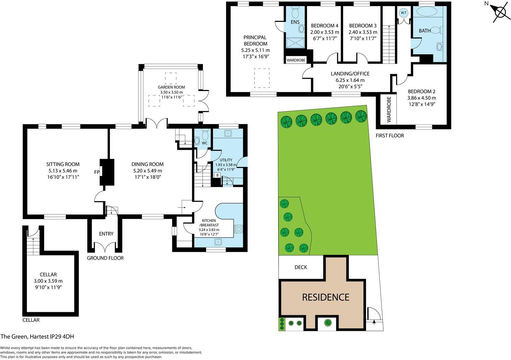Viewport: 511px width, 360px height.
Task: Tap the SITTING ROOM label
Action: click(x=63, y=164)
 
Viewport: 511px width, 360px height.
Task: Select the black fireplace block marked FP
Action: click(x=107, y=172)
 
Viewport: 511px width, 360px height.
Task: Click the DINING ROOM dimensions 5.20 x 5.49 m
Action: click(x=147, y=171)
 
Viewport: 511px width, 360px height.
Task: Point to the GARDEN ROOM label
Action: click(x=171, y=87)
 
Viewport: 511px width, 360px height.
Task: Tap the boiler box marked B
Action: click(x=217, y=175)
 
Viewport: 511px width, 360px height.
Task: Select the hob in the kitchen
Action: click(x=238, y=229)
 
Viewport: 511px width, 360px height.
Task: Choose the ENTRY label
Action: click(x=106, y=234)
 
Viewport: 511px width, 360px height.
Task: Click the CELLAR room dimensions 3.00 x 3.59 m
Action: click(x=48, y=281)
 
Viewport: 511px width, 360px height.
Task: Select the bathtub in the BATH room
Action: click(x=427, y=12)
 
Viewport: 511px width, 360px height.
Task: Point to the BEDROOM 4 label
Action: click(x=325, y=26)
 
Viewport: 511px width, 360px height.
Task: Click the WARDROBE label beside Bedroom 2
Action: click(x=389, y=110)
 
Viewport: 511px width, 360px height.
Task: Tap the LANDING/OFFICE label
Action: click(x=350, y=74)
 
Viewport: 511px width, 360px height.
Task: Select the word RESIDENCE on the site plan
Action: click(x=326, y=297)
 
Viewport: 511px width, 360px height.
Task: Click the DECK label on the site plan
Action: click(x=301, y=267)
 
